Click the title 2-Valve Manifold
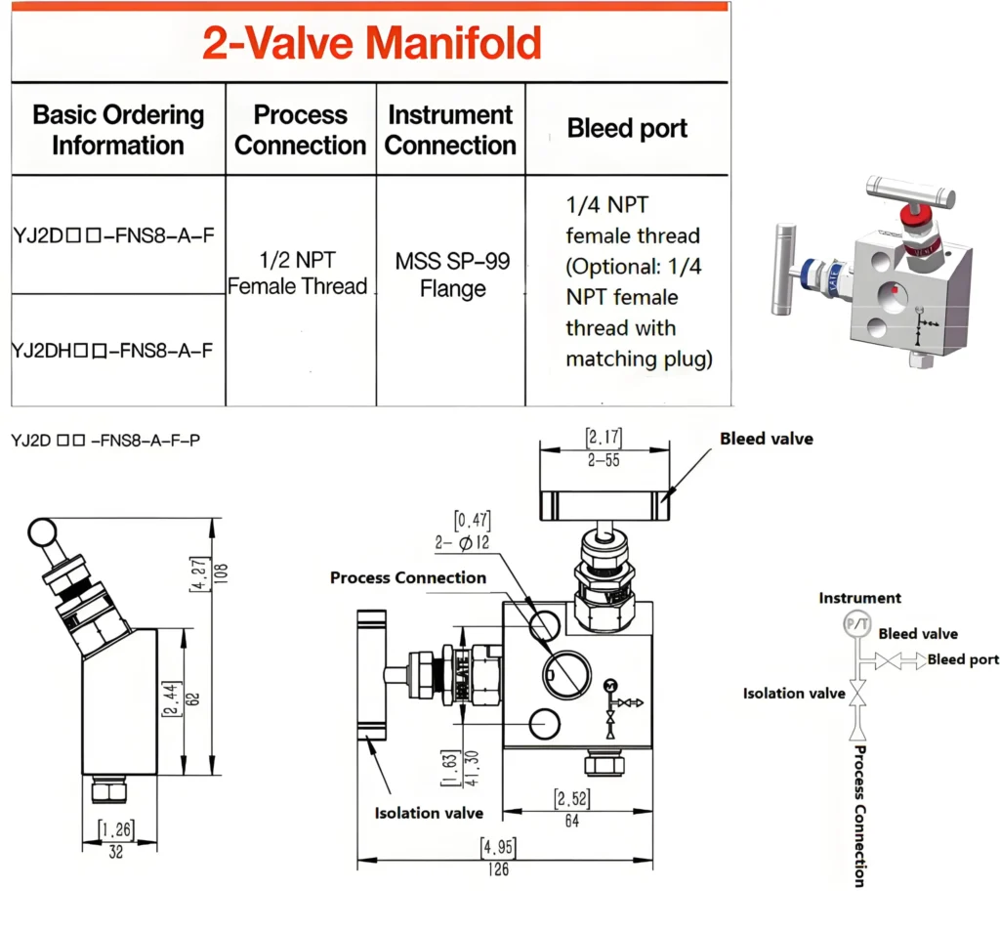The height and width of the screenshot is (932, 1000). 371,44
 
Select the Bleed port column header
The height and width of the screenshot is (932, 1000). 627,129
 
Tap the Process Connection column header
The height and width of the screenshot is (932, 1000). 301,130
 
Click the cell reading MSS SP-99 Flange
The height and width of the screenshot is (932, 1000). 452,275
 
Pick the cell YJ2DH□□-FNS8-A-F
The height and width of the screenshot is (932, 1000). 113,350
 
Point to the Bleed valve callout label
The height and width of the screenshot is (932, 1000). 766,439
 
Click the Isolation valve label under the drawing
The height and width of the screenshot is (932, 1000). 429,813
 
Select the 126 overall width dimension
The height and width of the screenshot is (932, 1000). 498,868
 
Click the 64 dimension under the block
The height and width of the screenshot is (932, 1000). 571,822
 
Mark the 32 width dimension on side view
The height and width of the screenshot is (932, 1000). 114,851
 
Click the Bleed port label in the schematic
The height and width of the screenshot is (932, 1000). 963,659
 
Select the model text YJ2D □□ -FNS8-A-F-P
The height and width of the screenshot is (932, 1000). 105,441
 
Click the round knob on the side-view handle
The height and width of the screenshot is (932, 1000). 43,533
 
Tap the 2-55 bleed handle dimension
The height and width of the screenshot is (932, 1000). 604,460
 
